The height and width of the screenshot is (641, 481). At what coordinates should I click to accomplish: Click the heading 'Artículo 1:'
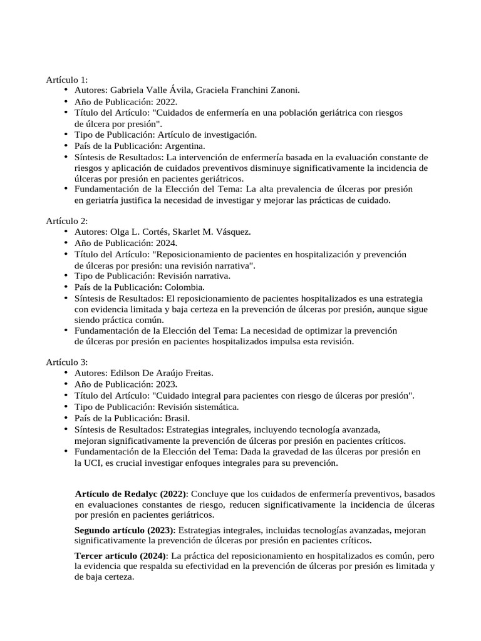pyautogui.click(x=66, y=79)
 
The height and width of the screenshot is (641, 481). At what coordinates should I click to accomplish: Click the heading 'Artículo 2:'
pyautogui.click(x=66, y=221)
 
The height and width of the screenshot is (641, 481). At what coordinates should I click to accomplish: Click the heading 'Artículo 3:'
pyautogui.click(x=66, y=362)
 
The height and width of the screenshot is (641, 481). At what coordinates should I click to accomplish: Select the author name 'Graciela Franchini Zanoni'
pyautogui.click(x=247, y=90)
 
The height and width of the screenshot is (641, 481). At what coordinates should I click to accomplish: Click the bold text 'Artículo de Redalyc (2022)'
pyautogui.click(x=131, y=494)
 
